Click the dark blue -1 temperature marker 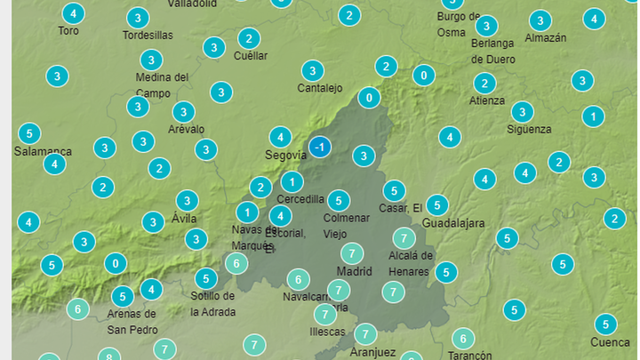pos(320,147)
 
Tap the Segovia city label pos(286,156)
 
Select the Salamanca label pos(43,151)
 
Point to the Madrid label pos(354,270)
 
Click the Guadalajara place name pos(453,223)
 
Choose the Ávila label pos(184,219)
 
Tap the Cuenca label pos(610,342)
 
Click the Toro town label pos(68,30)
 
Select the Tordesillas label pos(148,36)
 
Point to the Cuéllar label pos(250,56)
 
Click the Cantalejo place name pos(320,88)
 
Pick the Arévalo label pos(186,129)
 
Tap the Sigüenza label pos(529,129)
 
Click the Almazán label pos(546,38)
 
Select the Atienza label pos(487,100)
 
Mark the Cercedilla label pos(300,199)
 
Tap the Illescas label pos(327,332)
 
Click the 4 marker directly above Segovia pos(280,137)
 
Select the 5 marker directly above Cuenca pos(605,324)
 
